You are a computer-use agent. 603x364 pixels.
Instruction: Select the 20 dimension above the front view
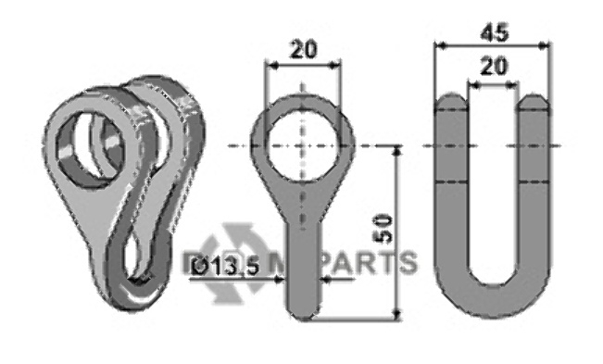302,51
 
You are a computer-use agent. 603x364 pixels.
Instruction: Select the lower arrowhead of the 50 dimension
399,314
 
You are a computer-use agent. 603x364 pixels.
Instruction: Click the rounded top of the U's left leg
452,100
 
